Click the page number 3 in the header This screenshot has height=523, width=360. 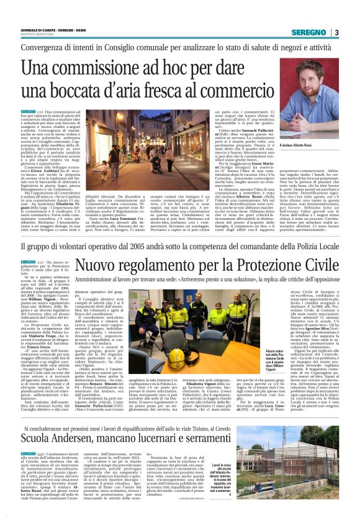(x=336, y=32)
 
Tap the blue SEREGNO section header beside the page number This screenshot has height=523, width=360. (x=310, y=32)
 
